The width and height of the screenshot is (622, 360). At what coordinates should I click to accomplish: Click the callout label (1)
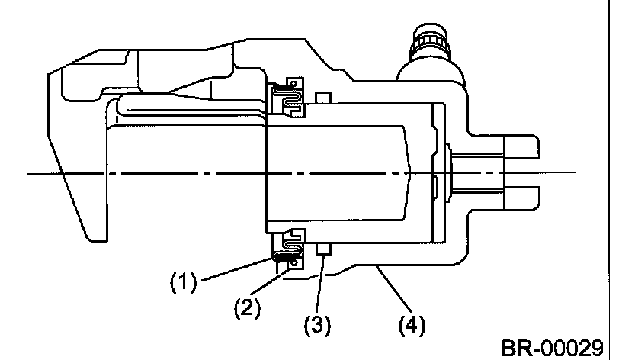coord(184,283)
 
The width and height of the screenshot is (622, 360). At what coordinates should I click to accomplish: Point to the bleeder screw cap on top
coord(430,42)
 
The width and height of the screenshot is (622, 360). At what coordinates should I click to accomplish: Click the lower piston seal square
coord(322,249)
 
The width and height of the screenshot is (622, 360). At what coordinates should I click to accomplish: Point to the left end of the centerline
coord(30,174)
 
